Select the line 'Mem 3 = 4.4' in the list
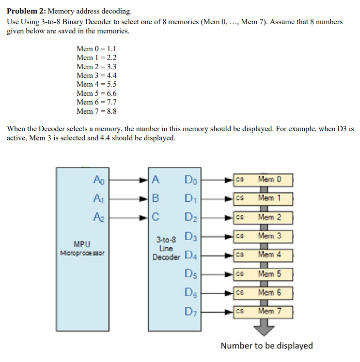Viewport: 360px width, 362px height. coord(96,75)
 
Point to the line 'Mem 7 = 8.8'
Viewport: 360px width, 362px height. coord(96,111)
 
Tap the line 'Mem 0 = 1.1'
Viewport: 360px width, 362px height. coord(96,48)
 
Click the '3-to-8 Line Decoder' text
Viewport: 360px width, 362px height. coord(166,248)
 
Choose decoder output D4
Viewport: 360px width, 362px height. coord(191,256)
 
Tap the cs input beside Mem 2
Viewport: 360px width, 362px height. coord(239,217)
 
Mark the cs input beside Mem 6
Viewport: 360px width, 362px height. coord(239,293)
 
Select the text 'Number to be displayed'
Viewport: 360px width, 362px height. coord(266,346)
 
